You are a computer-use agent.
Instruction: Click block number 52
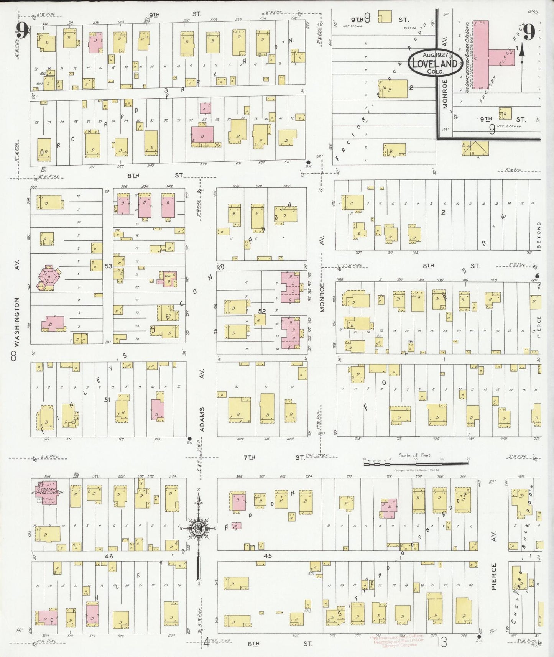tap(262, 312)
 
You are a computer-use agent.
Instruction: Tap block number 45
tap(268, 555)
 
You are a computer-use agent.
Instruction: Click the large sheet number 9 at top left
tap(22, 31)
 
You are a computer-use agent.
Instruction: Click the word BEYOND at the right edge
tap(539, 235)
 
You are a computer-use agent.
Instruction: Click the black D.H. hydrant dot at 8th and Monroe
tap(309, 162)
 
